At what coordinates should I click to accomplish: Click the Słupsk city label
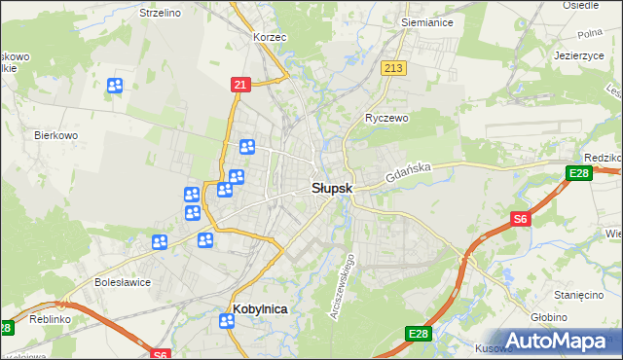[x=332, y=188]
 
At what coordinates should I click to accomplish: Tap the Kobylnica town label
[x=261, y=308]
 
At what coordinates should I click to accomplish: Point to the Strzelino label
[x=163, y=13]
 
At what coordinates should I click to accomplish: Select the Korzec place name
[x=269, y=36]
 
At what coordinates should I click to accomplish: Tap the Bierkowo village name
[x=55, y=135]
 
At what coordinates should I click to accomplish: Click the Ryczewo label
[x=386, y=117]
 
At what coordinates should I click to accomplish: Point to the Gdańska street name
[x=407, y=174]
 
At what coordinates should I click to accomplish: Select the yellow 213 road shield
[x=393, y=67]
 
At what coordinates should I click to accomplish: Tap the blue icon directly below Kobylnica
[x=227, y=322]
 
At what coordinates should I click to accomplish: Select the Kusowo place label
[x=494, y=347]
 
